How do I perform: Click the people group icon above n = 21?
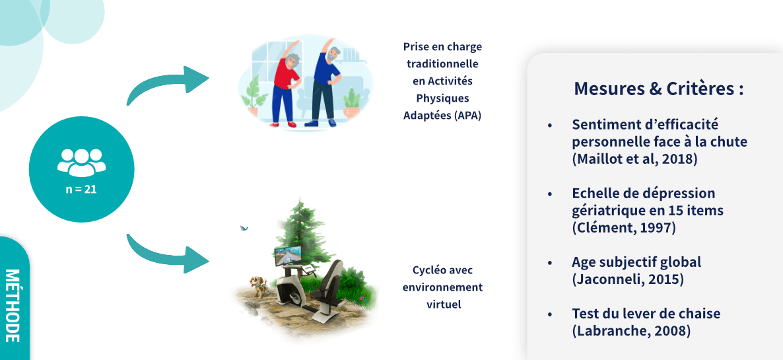[81, 162]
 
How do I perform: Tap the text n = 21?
[81, 190]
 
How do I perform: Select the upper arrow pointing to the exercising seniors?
[167, 83]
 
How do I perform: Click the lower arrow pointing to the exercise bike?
[167, 252]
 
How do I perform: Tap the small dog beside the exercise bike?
[258, 287]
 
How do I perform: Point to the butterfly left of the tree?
[244, 228]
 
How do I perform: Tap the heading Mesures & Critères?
[659, 89]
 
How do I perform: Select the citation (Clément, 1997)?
[624, 228]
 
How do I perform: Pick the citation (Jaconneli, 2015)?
[628, 279]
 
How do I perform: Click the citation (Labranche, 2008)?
[631, 330]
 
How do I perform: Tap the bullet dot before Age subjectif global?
[551, 262]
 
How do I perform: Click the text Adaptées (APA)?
[442, 116]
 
